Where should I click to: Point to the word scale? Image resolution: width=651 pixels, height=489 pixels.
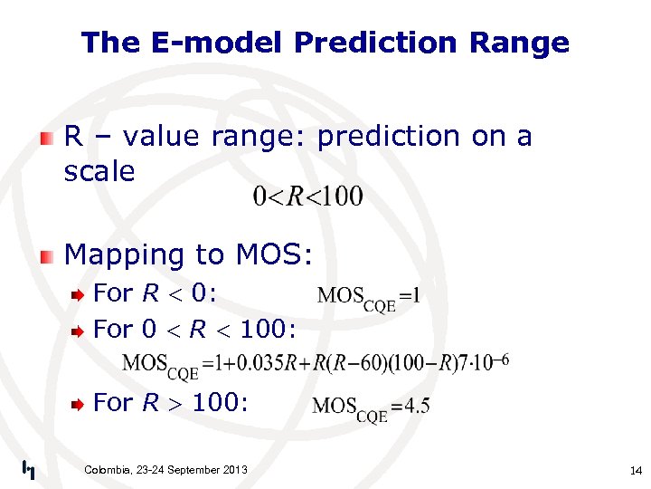click(x=99, y=171)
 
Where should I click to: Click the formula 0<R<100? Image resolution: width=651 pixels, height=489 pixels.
click(x=307, y=196)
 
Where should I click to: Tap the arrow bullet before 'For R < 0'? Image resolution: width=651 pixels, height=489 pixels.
click(x=80, y=294)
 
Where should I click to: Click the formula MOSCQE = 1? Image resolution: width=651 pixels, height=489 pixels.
click(x=369, y=296)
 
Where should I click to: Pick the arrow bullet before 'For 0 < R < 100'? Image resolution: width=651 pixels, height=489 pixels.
click(x=80, y=331)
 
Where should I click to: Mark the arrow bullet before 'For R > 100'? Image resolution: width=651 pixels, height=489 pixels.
click(x=80, y=403)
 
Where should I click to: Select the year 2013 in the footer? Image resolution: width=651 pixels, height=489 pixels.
click(x=231, y=469)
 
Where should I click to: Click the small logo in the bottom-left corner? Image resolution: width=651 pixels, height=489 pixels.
click(x=29, y=469)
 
